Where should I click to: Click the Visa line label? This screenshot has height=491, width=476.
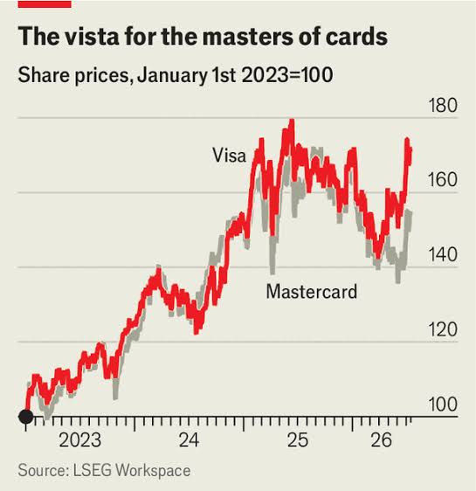click(x=230, y=155)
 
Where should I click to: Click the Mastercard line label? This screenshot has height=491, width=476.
click(x=312, y=292)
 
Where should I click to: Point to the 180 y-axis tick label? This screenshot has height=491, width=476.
click(x=443, y=105)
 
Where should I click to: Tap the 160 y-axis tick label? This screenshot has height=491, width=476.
click(x=443, y=180)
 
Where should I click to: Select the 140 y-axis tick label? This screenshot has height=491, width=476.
click(x=443, y=254)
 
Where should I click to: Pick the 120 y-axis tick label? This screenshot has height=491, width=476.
click(x=443, y=329)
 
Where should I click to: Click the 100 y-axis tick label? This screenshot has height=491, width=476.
click(x=443, y=405)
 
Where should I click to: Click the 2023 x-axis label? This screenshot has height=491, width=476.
click(x=80, y=440)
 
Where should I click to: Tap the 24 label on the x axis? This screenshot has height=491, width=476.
click(x=189, y=440)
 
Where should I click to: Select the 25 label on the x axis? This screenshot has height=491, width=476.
click(x=298, y=440)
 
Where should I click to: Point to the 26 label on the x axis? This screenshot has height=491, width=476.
click(x=381, y=440)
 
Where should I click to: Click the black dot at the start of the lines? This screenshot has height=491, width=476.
click(x=26, y=417)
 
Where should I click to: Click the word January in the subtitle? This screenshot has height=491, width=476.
click(x=172, y=76)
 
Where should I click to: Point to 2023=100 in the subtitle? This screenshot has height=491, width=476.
click(x=287, y=75)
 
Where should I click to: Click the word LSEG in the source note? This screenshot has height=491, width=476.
click(x=92, y=471)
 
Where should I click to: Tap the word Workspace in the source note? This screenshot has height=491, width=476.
click(x=153, y=471)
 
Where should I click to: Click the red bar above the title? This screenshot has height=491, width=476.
click(x=45, y=3)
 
